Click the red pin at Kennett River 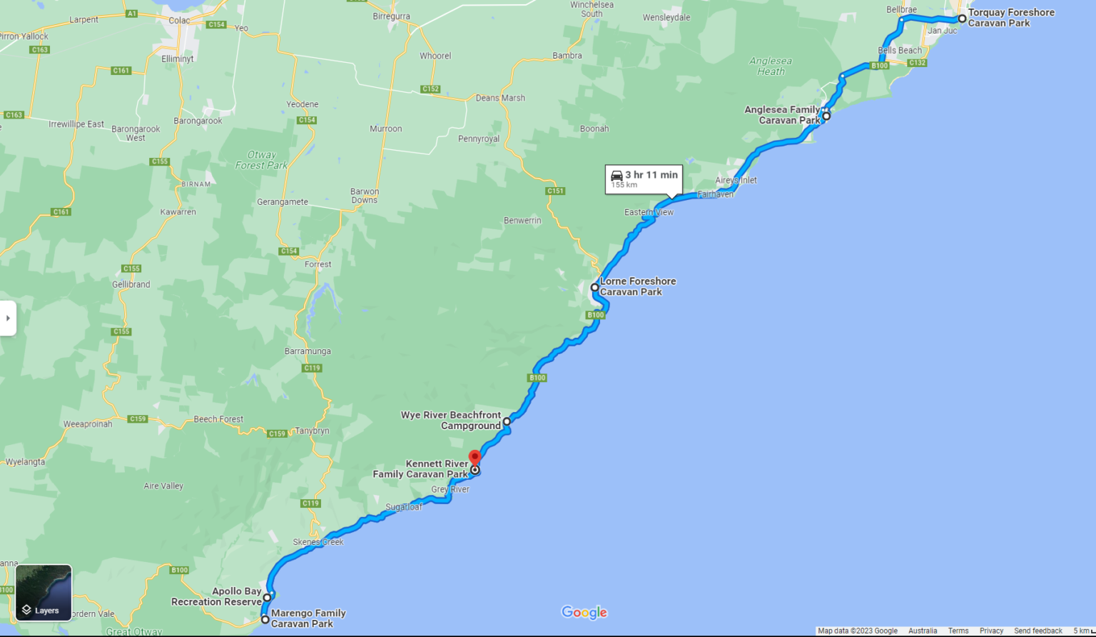click(475, 457)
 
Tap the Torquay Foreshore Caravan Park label click(1010, 18)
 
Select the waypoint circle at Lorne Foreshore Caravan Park click(594, 287)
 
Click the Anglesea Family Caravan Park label click(782, 115)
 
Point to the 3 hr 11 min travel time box click(644, 179)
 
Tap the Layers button click(44, 593)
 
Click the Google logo click(584, 612)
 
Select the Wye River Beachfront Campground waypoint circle click(507, 421)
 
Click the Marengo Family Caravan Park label click(308, 618)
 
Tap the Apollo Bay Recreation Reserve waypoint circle click(268, 598)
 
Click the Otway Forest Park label click(261, 160)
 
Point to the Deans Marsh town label click(500, 98)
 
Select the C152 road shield click(430, 89)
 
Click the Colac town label click(178, 20)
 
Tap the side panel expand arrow click(8, 318)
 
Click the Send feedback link click(1037, 631)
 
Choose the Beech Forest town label click(218, 419)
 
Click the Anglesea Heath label click(771, 66)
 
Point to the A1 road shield click(131, 14)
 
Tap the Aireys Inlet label click(736, 180)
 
